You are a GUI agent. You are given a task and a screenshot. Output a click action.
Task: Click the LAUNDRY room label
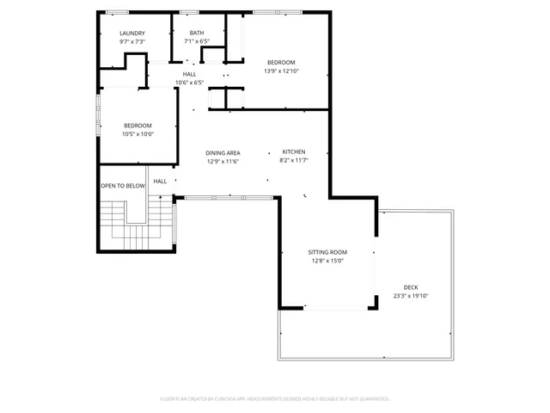coord(132,33)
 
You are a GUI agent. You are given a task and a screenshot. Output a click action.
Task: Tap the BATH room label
coord(197,33)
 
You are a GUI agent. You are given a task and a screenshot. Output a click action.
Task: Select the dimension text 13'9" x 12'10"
coord(280,71)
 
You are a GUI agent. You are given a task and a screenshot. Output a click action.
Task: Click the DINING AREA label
coord(223,152)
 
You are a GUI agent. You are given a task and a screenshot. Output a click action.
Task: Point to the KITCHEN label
coord(294,151)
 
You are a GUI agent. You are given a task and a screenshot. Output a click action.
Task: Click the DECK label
coord(411,287)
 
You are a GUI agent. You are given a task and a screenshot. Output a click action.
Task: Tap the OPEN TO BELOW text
coord(123,185)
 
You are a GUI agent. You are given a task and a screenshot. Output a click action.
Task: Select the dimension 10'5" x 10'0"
coord(137,134)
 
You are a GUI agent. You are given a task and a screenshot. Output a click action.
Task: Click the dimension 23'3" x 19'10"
coord(411,295)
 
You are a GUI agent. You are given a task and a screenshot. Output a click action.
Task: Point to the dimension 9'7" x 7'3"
coord(132,41)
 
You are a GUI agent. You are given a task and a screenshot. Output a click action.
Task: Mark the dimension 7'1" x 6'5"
coord(197,41)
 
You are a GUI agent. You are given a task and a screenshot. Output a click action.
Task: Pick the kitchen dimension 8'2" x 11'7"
coord(294,160)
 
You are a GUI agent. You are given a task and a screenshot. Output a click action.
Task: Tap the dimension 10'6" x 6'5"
coord(189,83)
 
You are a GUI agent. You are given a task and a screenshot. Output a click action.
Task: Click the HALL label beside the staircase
coord(161,182)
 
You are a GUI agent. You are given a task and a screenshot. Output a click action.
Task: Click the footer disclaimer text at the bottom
coord(275,398)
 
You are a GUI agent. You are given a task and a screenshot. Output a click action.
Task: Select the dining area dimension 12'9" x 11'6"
coord(223,161)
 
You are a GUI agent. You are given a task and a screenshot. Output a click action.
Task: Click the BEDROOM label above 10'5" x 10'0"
coord(137,126)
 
